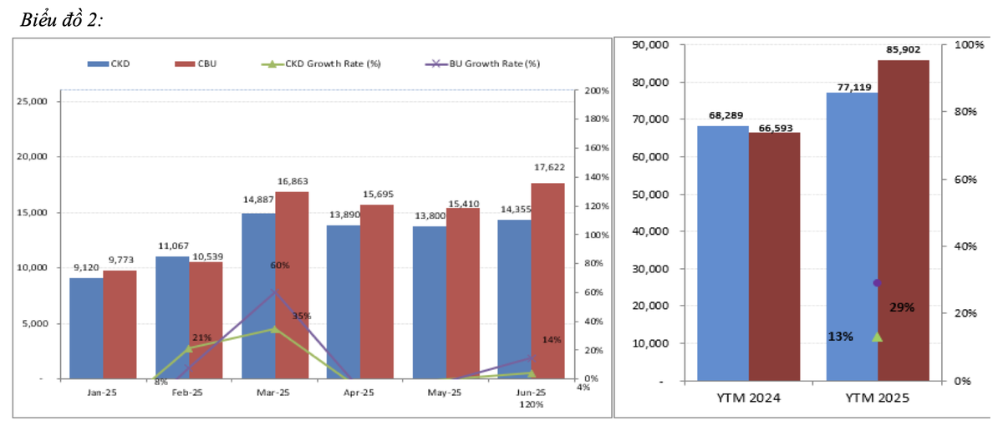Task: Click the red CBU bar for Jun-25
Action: pyautogui.click(x=547, y=281)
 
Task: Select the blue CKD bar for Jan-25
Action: pyautogui.click(x=86, y=328)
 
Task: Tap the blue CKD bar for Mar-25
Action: pyautogui.click(x=258, y=296)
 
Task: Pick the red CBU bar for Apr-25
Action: pyautogui.click(x=376, y=292)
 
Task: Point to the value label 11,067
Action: pyautogui.click(x=173, y=246)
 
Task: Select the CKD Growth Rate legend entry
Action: pyautogui.click(x=321, y=63)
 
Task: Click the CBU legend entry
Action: pyautogui.click(x=196, y=63)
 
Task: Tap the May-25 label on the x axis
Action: pyautogui.click(x=445, y=392)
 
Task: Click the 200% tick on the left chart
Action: pyautogui.click(x=596, y=90)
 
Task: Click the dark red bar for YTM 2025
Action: pyautogui.click(x=903, y=221)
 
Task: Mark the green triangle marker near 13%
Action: pyautogui.click(x=877, y=337)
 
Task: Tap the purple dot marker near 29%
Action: pyautogui.click(x=877, y=283)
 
